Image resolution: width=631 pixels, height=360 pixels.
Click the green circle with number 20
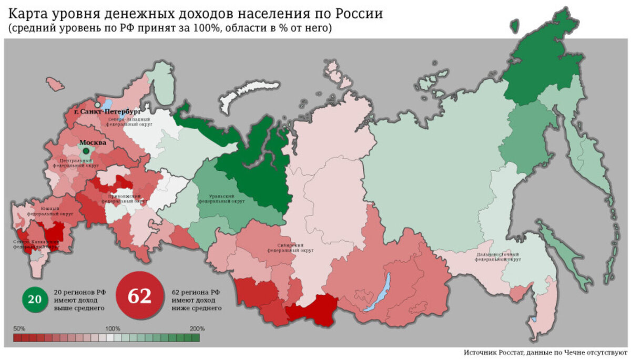[x=34, y=300]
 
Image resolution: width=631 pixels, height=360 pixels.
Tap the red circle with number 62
[x=139, y=296]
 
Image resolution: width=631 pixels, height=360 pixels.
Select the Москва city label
[x=93, y=142]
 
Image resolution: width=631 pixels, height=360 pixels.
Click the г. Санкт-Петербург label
[x=107, y=111]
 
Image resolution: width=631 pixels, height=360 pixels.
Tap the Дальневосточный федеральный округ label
[x=498, y=256]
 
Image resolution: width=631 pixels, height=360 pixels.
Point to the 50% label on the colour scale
[x=19, y=328]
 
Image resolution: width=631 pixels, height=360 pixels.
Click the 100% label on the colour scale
[x=113, y=328]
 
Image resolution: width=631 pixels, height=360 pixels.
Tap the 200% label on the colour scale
[x=197, y=328]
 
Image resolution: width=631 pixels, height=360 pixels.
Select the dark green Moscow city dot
[x=86, y=151]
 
